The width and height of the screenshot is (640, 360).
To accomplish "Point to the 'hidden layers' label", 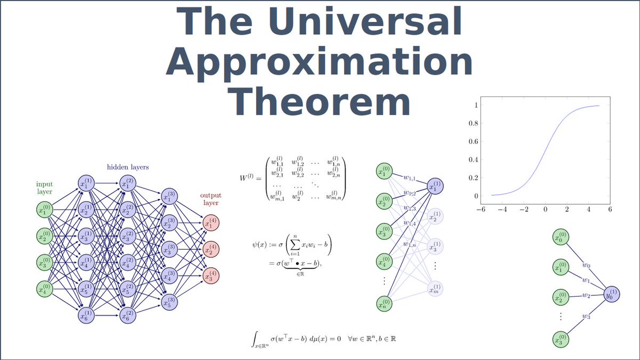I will coord(127,167).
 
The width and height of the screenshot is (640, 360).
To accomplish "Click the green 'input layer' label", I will coord(45,188).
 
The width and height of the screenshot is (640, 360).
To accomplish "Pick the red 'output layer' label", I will coord(211,199).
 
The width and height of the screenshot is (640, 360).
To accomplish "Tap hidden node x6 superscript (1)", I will coord(86,315).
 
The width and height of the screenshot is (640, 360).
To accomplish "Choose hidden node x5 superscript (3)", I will coord(169,302).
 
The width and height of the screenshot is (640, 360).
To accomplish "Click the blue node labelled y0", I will coord(612,294).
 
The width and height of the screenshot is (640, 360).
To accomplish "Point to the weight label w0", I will coord(586,265).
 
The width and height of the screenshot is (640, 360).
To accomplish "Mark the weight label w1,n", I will coord(410,244).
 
